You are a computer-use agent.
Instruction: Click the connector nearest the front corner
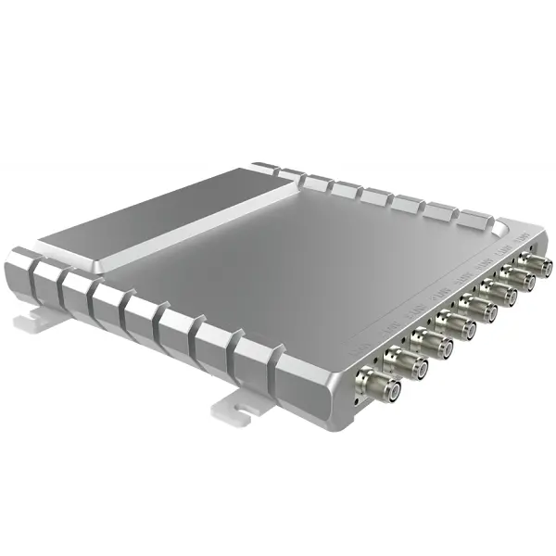pos(382,385)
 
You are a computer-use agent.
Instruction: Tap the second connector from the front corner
pos(408,364)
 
